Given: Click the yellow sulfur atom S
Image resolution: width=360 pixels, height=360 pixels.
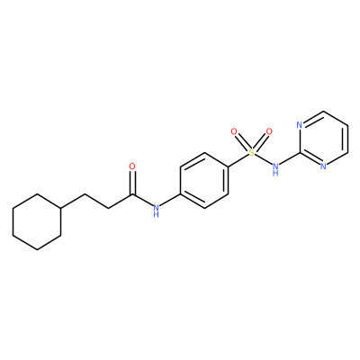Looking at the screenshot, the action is pyautogui.click(x=252, y=153).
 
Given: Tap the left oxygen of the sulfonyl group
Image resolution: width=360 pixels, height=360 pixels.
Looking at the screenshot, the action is pyautogui.click(x=234, y=131).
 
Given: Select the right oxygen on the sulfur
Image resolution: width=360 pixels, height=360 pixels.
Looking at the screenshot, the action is pyautogui.click(x=269, y=131).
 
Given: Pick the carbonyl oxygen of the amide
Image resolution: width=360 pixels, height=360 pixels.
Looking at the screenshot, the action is pyautogui.click(x=132, y=166).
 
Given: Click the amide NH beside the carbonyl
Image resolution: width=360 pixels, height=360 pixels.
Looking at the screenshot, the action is pyautogui.click(x=156, y=211).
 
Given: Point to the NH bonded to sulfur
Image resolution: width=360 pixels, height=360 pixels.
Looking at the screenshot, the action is pyautogui.click(x=275, y=168).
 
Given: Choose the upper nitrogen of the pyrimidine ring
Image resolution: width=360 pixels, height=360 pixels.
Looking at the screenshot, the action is pyautogui.click(x=300, y=125).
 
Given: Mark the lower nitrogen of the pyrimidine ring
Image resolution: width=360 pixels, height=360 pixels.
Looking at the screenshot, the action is pyautogui.click(x=323, y=166).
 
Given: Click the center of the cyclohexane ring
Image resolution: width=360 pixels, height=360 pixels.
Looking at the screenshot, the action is pyautogui.click(x=37, y=221).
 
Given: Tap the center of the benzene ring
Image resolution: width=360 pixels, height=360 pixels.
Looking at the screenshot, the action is pyautogui.click(x=204, y=180).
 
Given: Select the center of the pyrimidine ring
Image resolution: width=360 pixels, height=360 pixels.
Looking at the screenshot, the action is pyautogui.click(x=324, y=139).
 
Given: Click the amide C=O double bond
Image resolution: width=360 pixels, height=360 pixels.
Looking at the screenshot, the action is pyautogui.click(x=132, y=183).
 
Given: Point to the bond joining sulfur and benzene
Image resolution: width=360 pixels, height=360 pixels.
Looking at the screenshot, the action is pyautogui.click(x=238, y=159).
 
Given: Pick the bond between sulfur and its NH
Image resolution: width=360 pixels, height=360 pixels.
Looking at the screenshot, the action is pyautogui.click(x=263, y=159).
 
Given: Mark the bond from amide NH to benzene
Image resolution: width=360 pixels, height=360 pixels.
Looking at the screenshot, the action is pyautogui.click(x=169, y=201).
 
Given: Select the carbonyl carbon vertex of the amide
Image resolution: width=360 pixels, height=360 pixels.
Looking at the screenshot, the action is pyautogui.click(x=132, y=195).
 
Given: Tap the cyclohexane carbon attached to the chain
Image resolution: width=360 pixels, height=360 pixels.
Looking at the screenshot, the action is pyautogui.click(x=61, y=208).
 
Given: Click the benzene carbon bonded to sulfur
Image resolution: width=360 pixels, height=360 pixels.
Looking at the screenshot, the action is pyautogui.click(x=229, y=166).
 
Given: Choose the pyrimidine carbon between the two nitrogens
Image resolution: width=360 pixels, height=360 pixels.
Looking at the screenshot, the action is pyautogui.click(x=300, y=153).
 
